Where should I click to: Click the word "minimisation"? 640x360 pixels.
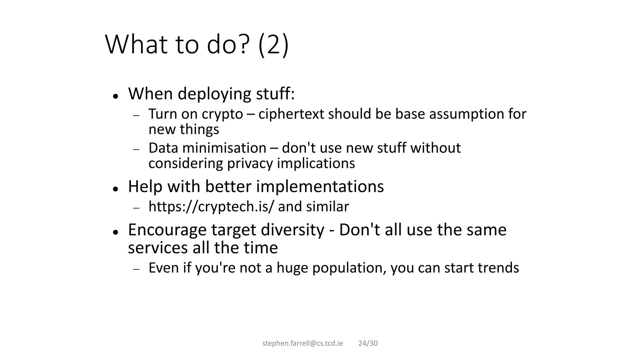click(x=224, y=148)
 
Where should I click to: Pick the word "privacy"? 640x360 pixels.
click(x=250, y=163)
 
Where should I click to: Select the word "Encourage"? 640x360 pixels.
click(x=167, y=230)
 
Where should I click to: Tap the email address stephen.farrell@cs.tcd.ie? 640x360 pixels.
click(x=302, y=343)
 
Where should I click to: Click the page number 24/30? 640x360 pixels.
click(x=368, y=343)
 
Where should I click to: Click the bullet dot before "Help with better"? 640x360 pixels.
click(x=116, y=189)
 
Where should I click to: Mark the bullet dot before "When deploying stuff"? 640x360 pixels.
click(x=116, y=96)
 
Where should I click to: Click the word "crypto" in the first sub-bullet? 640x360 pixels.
click(x=222, y=114)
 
